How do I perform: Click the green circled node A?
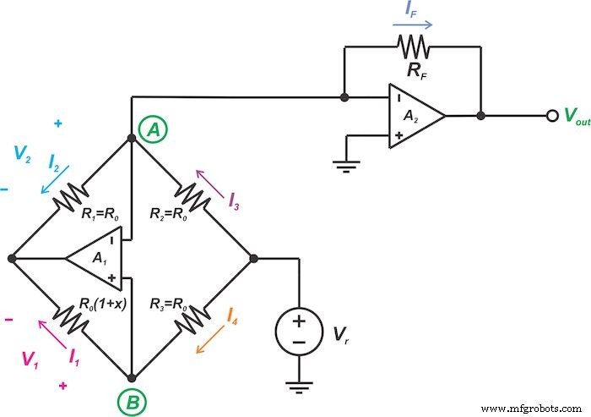[x=153, y=129]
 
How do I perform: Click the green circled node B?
[x=133, y=402]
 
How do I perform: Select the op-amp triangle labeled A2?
[x=415, y=116]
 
